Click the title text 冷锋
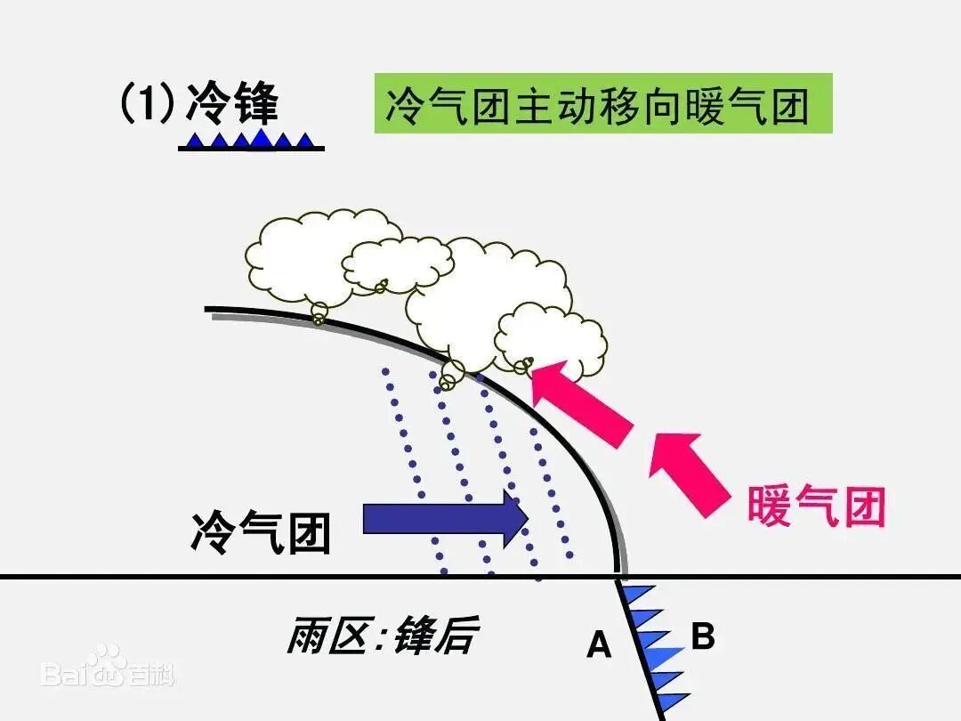click(232, 103)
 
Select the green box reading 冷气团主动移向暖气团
click(602, 104)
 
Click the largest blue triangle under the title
click(261, 137)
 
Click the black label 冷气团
click(261, 533)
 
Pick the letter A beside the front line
click(599, 644)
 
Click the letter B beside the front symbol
click(703, 637)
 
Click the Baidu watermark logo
click(107, 666)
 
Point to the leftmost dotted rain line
click(414, 472)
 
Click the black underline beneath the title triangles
click(251, 148)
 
